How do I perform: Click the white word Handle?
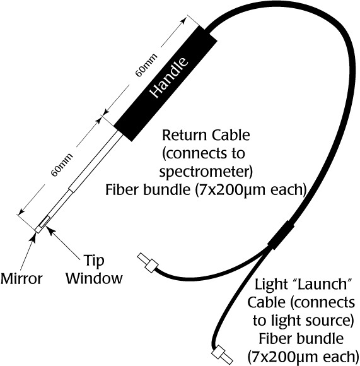tap(168, 77)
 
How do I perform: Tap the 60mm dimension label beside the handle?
tap(146, 65)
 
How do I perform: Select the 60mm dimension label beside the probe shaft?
tap(62, 165)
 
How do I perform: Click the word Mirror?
tap(21, 279)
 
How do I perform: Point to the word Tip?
tap(94, 260)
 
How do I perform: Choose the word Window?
tap(94, 278)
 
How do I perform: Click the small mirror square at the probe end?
tap(38, 229)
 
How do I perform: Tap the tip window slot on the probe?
tap(44, 221)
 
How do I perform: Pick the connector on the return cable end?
tap(148, 263)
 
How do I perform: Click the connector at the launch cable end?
tap(222, 355)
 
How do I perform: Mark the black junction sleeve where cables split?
tap(281, 235)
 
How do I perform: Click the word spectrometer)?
tap(206, 172)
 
